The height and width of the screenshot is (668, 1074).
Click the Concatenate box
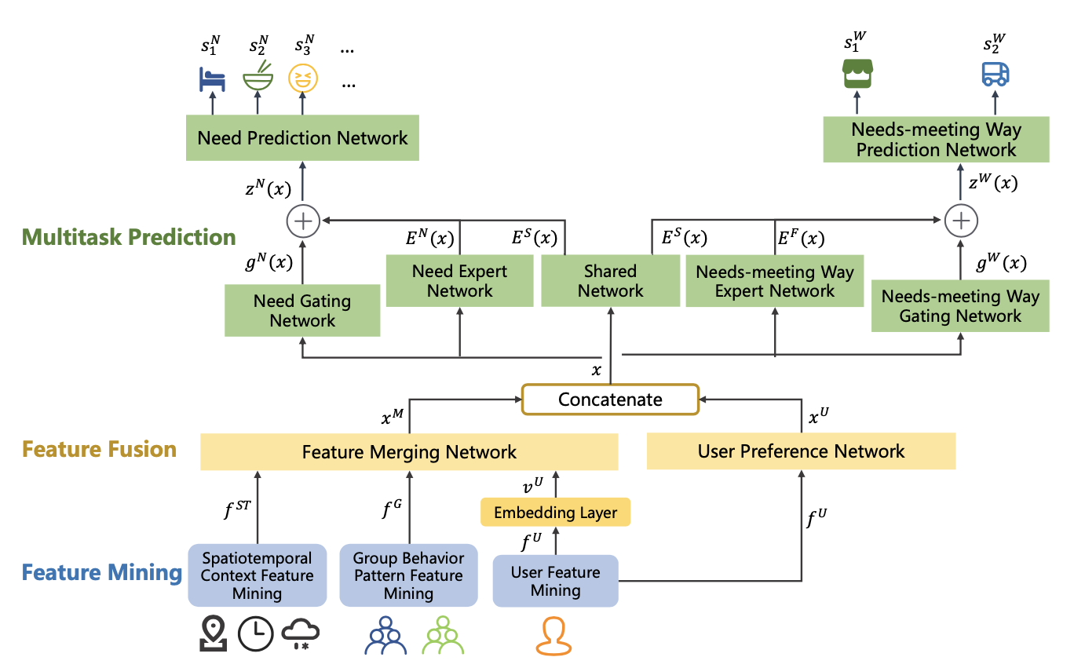(610, 400)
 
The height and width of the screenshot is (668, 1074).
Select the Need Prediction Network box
(302, 139)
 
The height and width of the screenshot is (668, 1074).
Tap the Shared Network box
(610, 282)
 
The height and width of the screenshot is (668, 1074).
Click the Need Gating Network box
(302, 311)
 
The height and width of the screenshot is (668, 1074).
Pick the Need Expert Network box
(459, 281)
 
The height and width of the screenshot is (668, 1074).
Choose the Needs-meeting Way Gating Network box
(959, 306)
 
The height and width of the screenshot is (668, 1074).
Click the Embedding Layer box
(555, 513)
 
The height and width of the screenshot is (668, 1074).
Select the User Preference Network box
(801, 451)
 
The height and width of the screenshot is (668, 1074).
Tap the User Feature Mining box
(555, 581)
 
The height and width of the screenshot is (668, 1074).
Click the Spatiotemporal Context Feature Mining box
(257, 575)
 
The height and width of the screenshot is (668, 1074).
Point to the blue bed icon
(211, 78)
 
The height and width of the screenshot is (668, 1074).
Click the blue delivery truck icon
(995, 74)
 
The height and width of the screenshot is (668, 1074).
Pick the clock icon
(256, 634)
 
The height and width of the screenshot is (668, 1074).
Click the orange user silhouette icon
(554, 636)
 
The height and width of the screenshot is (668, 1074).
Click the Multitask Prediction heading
(130, 237)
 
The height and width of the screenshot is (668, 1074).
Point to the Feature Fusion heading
(100, 450)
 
